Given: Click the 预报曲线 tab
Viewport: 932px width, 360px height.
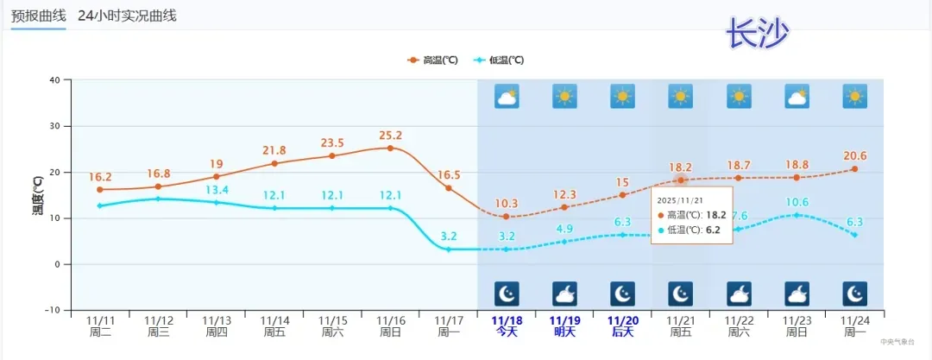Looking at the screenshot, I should click(x=38, y=16).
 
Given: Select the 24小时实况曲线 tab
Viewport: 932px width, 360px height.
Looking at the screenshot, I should click(x=127, y=16).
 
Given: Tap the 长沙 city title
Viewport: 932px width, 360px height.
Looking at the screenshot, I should click(x=757, y=34).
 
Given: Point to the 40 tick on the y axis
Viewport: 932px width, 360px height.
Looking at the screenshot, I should click(x=54, y=80).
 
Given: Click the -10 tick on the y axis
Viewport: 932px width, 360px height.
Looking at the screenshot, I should click(x=52, y=310).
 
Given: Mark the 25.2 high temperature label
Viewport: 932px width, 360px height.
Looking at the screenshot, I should click(x=390, y=136).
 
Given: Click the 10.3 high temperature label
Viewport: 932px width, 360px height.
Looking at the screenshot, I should click(x=507, y=204).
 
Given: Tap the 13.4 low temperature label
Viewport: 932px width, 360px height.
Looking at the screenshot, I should click(x=217, y=190).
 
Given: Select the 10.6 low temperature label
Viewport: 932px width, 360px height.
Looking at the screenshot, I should click(x=797, y=202).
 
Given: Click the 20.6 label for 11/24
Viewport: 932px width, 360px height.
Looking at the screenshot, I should click(x=854, y=156).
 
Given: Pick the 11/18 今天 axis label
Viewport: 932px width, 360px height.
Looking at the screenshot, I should click(x=506, y=325).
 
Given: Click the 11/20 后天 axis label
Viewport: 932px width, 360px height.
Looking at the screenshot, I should click(x=622, y=325).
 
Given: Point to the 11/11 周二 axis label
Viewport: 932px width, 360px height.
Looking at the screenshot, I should click(x=100, y=325).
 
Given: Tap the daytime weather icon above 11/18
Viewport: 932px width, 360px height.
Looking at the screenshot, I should click(x=507, y=96).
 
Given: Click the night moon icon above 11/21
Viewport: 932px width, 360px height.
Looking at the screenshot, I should click(x=680, y=294).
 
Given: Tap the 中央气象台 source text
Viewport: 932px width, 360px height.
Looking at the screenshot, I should click(x=897, y=342).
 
